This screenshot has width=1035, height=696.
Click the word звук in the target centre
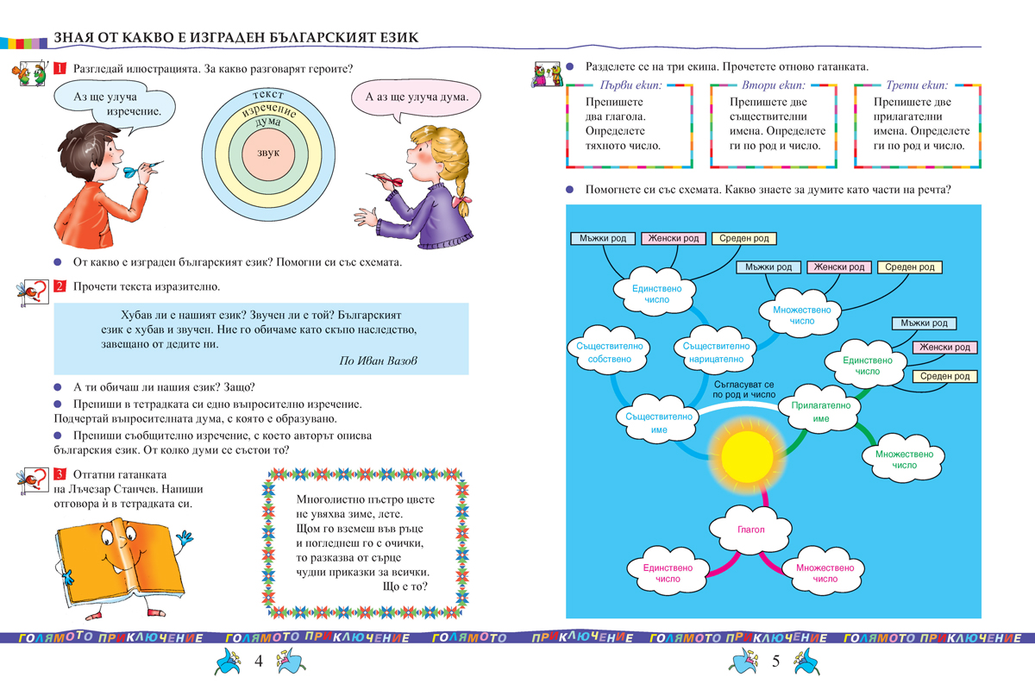tap(268, 153)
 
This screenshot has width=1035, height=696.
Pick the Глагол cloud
tap(750, 529)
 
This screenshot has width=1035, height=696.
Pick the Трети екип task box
tap(916, 124)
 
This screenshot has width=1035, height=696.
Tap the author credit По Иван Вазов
tap(378, 361)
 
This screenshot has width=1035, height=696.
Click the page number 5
tap(775, 662)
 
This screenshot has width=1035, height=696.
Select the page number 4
tap(258, 662)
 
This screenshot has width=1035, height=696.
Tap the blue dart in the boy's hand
tap(130, 171)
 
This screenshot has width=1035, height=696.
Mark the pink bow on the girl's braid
tap(467, 205)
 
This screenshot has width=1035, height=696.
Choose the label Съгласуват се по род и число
tap(745, 388)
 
